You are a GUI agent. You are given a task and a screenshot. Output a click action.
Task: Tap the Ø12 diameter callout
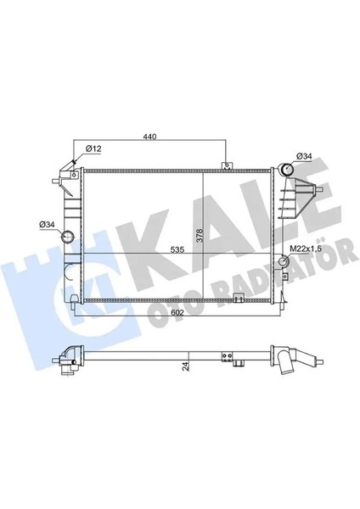(93, 149)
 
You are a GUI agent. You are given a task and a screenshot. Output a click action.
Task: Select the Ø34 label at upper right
(305, 155)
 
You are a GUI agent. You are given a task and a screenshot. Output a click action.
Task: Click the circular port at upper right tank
(288, 170)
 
